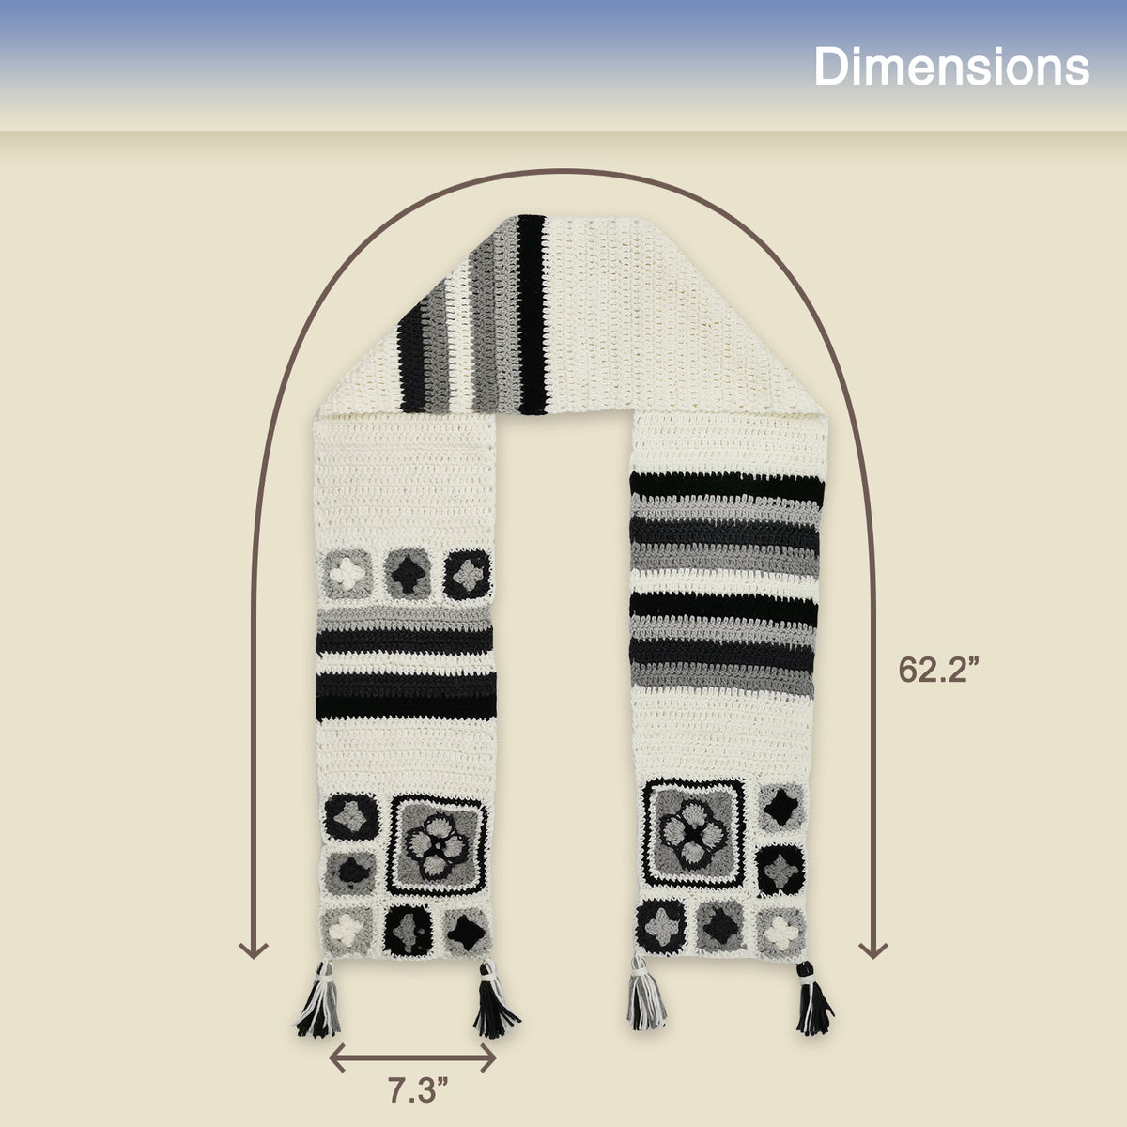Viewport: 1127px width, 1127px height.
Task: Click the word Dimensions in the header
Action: (x=951, y=67)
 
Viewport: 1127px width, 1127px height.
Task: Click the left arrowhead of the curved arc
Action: (x=254, y=949)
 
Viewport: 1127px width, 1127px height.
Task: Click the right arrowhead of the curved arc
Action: (x=873, y=949)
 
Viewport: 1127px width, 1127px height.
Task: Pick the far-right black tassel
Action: (x=813, y=999)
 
